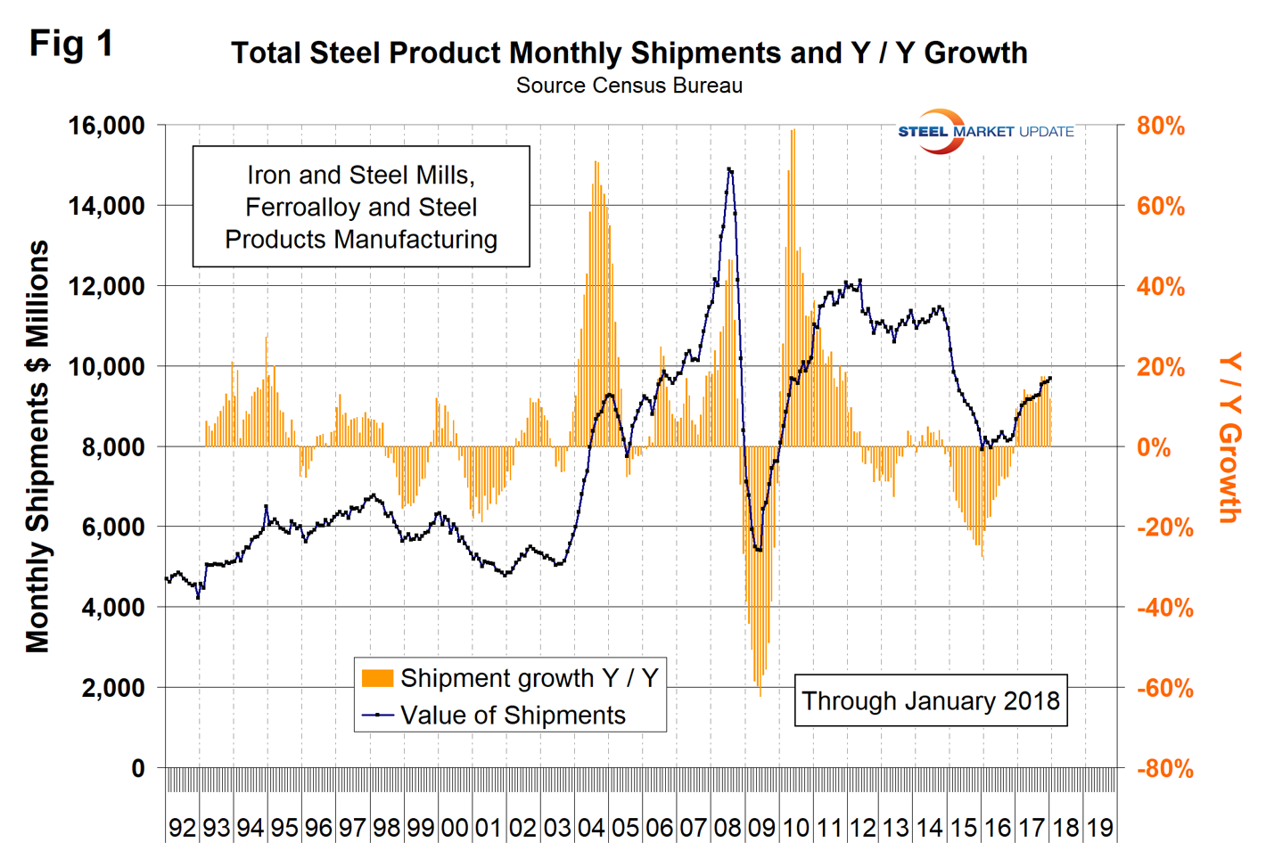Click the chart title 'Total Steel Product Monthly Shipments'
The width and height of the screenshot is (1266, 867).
pyautogui.click(x=629, y=53)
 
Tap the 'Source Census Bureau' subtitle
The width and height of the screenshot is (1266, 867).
pyautogui.click(x=629, y=86)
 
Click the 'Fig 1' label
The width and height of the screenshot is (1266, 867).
pyautogui.click(x=71, y=43)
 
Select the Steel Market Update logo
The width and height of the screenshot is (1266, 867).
pyautogui.click(x=985, y=132)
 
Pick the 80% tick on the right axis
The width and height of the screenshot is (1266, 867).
pyautogui.click(x=1160, y=127)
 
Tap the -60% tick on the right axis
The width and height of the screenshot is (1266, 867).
pyautogui.click(x=1163, y=689)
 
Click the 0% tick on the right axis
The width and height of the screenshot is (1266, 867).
pyautogui.click(x=1154, y=447)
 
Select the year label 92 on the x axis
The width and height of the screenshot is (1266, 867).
pyautogui.click(x=182, y=828)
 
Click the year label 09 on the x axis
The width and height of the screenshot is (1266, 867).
pyautogui.click(x=760, y=828)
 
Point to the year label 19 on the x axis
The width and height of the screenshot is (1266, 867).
pyautogui.click(x=1099, y=828)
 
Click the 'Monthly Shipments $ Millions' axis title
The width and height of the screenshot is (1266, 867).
pyautogui.click(x=37, y=446)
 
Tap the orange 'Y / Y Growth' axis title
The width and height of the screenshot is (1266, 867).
pyautogui.click(x=1230, y=437)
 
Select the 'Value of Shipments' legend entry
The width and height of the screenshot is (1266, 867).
pyautogui.click(x=513, y=716)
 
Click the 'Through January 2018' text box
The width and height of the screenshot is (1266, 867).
pyautogui.click(x=930, y=701)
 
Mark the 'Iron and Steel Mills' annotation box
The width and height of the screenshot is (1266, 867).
pyautogui.click(x=361, y=207)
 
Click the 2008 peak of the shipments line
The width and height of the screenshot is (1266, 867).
pyautogui.click(x=730, y=168)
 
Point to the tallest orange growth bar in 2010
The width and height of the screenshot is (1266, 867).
pyautogui.click(x=793, y=131)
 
